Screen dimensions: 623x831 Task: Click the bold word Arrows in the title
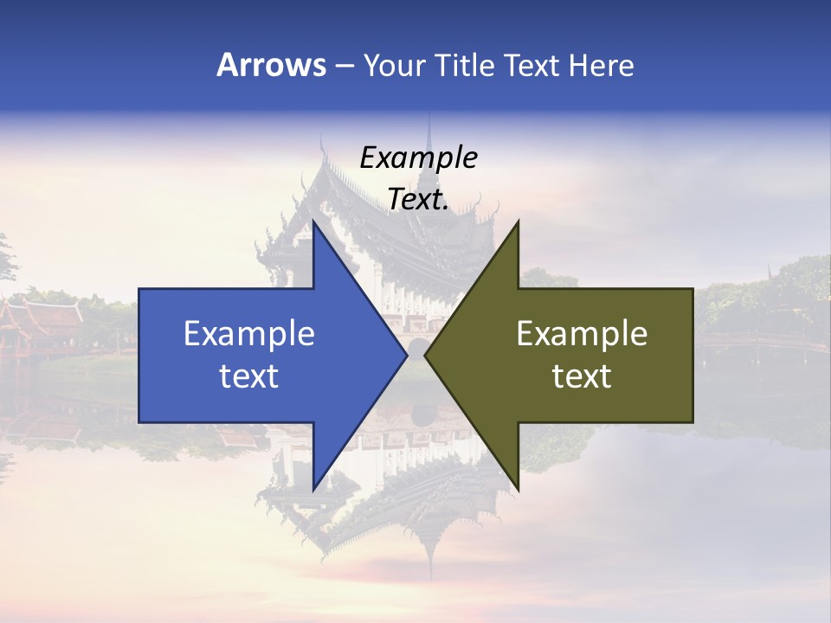[270, 65]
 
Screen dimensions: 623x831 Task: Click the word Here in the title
[602, 65]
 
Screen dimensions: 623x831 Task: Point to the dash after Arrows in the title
[344, 66]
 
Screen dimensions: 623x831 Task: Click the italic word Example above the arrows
[418, 158]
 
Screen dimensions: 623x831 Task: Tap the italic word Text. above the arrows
[418, 200]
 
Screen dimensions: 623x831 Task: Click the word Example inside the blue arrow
[249, 334]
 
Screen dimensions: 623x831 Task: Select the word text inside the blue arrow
[249, 376]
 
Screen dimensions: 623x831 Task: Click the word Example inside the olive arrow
[582, 334]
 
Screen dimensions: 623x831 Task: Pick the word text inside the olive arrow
[582, 376]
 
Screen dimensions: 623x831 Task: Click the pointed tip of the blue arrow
[406, 356]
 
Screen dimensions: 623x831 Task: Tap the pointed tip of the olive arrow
[425, 356]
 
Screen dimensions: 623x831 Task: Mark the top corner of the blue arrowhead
[313, 222]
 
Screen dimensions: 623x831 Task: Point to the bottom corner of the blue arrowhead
[313, 490]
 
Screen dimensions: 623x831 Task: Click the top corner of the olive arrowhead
[518, 222]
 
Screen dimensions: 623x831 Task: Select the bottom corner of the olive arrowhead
[518, 490]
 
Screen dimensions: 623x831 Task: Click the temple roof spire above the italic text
[428, 130]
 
